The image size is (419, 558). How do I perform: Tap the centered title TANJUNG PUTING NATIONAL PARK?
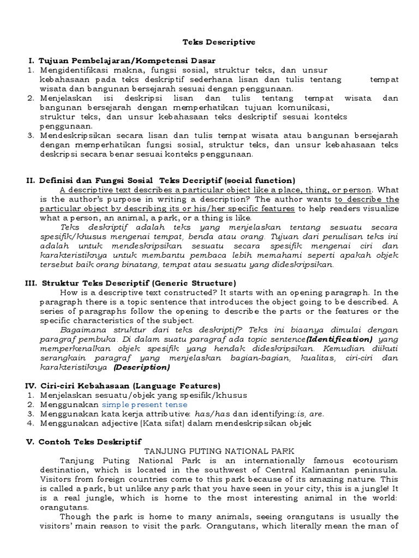pyautogui.click(x=218, y=451)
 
